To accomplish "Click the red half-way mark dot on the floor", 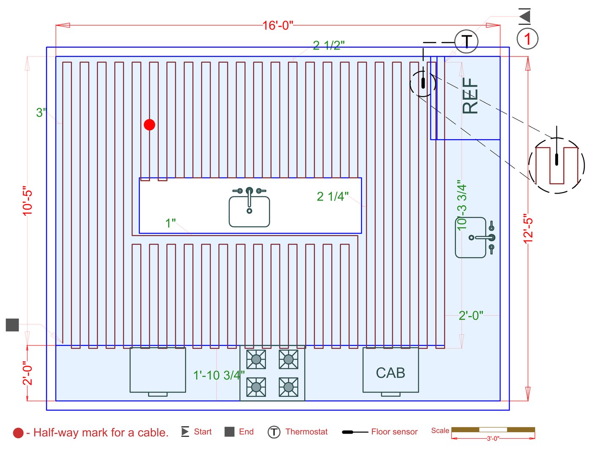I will (149, 125).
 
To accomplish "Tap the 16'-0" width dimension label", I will (277, 26).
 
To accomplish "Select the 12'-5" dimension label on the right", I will (528, 230).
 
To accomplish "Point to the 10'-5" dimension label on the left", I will (27, 201).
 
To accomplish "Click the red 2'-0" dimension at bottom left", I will (27, 373).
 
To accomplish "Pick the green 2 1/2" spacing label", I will (329, 45).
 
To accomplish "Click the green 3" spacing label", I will (41, 113).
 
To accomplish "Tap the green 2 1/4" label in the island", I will (333, 196).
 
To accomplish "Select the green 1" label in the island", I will (171, 223).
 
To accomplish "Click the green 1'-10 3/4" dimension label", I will (219, 375).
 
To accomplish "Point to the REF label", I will (470, 96).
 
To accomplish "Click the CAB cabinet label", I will (390, 373).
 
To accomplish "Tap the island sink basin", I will (249, 211).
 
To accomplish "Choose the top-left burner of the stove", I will (256, 359).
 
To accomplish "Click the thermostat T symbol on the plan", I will (466, 42).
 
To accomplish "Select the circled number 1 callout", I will (527, 39).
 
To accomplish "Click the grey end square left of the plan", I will (12, 325).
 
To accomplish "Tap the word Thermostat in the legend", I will (306, 431).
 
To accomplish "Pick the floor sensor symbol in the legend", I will (354, 432).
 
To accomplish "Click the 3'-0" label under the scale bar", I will (493, 439).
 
